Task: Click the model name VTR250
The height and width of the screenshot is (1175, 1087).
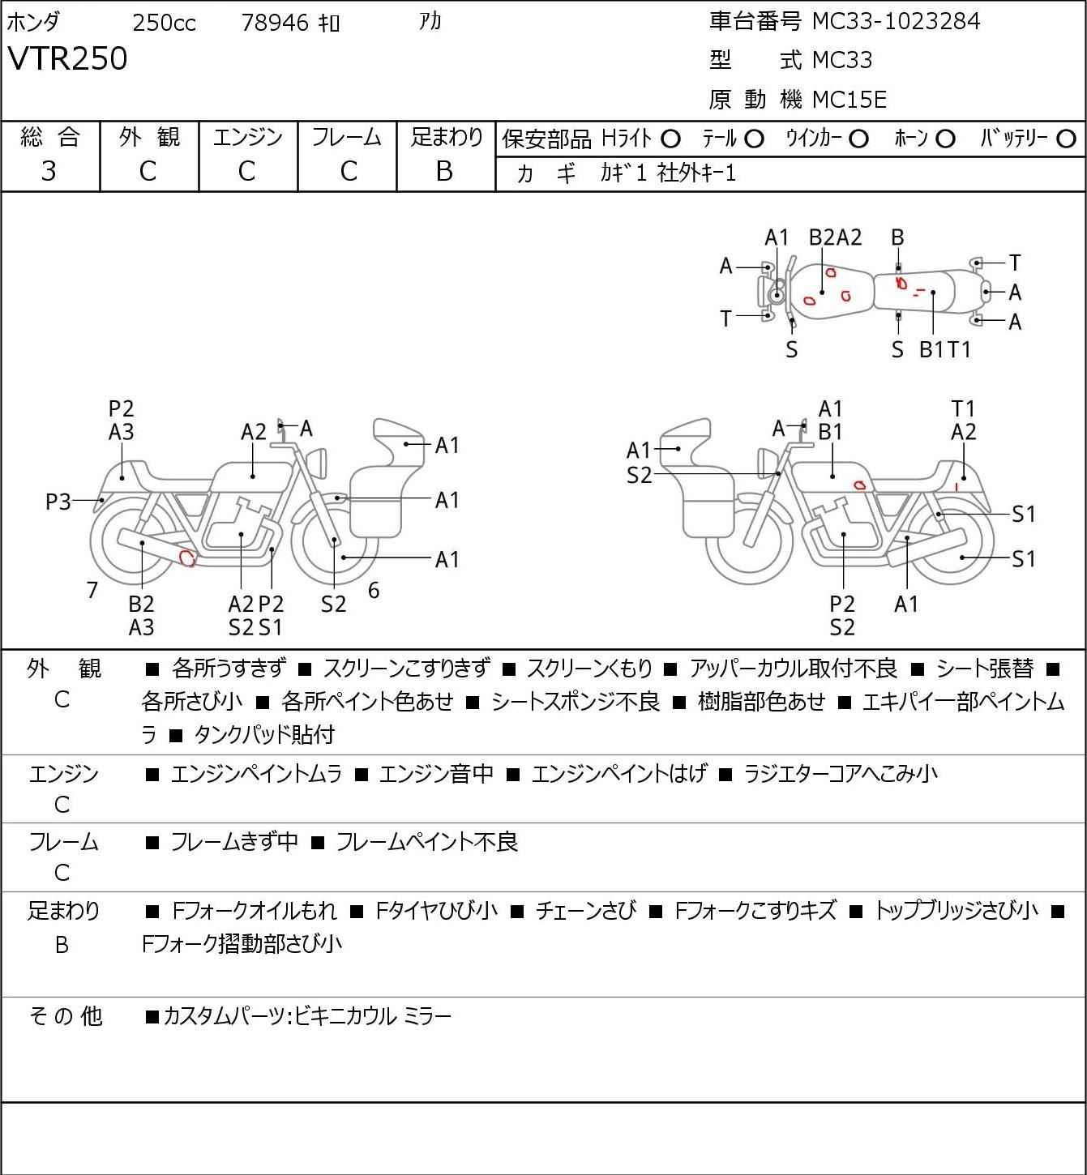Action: [67, 58]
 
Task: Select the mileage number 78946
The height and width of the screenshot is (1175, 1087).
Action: [275, 23]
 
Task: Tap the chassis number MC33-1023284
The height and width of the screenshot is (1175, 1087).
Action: [896, 21]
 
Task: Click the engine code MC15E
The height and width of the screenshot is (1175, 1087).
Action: [849, 100]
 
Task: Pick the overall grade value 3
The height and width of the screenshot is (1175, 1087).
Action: [49, 171]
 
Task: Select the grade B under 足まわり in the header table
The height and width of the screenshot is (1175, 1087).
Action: [445, 171]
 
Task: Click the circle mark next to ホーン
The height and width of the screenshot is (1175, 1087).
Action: [945, 139]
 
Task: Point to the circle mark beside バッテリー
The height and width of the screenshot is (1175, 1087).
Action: [1066, 139]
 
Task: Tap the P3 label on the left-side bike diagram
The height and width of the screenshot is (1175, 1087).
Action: [58, 502]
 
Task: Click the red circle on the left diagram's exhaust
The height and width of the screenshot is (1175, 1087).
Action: [187, 558]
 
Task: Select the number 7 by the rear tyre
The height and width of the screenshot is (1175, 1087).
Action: [92, 590]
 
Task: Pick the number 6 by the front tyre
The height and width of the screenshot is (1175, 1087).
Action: [374, 590]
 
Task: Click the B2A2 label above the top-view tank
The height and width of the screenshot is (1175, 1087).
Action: [836, 237]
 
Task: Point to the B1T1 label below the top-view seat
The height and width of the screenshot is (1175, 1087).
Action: [945, 349]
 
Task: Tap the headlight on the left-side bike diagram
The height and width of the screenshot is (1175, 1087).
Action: [317, 462]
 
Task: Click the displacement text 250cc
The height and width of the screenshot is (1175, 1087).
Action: [164, 23]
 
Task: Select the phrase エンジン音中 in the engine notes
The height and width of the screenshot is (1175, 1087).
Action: [436, 773]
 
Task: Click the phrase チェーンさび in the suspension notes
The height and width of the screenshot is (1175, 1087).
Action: [585, 911]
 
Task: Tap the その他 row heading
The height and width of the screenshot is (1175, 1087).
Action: [66, 1016]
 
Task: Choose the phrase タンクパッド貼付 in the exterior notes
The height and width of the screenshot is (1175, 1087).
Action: [264, 734]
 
